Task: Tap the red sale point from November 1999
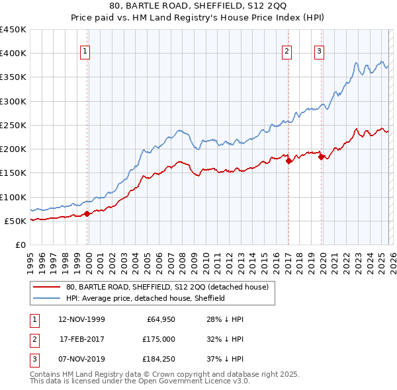[x=87, y=214]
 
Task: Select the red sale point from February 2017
[x=288, y=161]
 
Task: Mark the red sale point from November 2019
[x=321, y=157]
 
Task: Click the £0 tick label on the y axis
[x=21, y=245]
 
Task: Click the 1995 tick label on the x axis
[x=30, y=258]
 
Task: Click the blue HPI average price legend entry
[x=146, y=298]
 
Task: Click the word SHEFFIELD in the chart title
[x=224, y=9]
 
